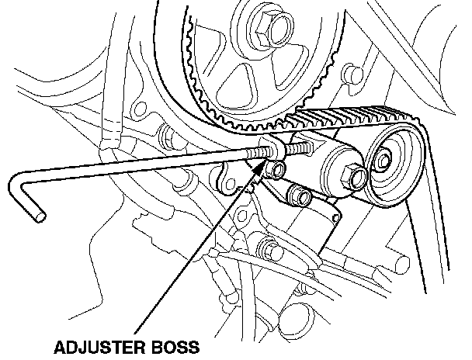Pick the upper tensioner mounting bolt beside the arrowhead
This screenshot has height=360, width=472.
pos(274,168)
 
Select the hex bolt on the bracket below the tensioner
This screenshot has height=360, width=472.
pos(268,250)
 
